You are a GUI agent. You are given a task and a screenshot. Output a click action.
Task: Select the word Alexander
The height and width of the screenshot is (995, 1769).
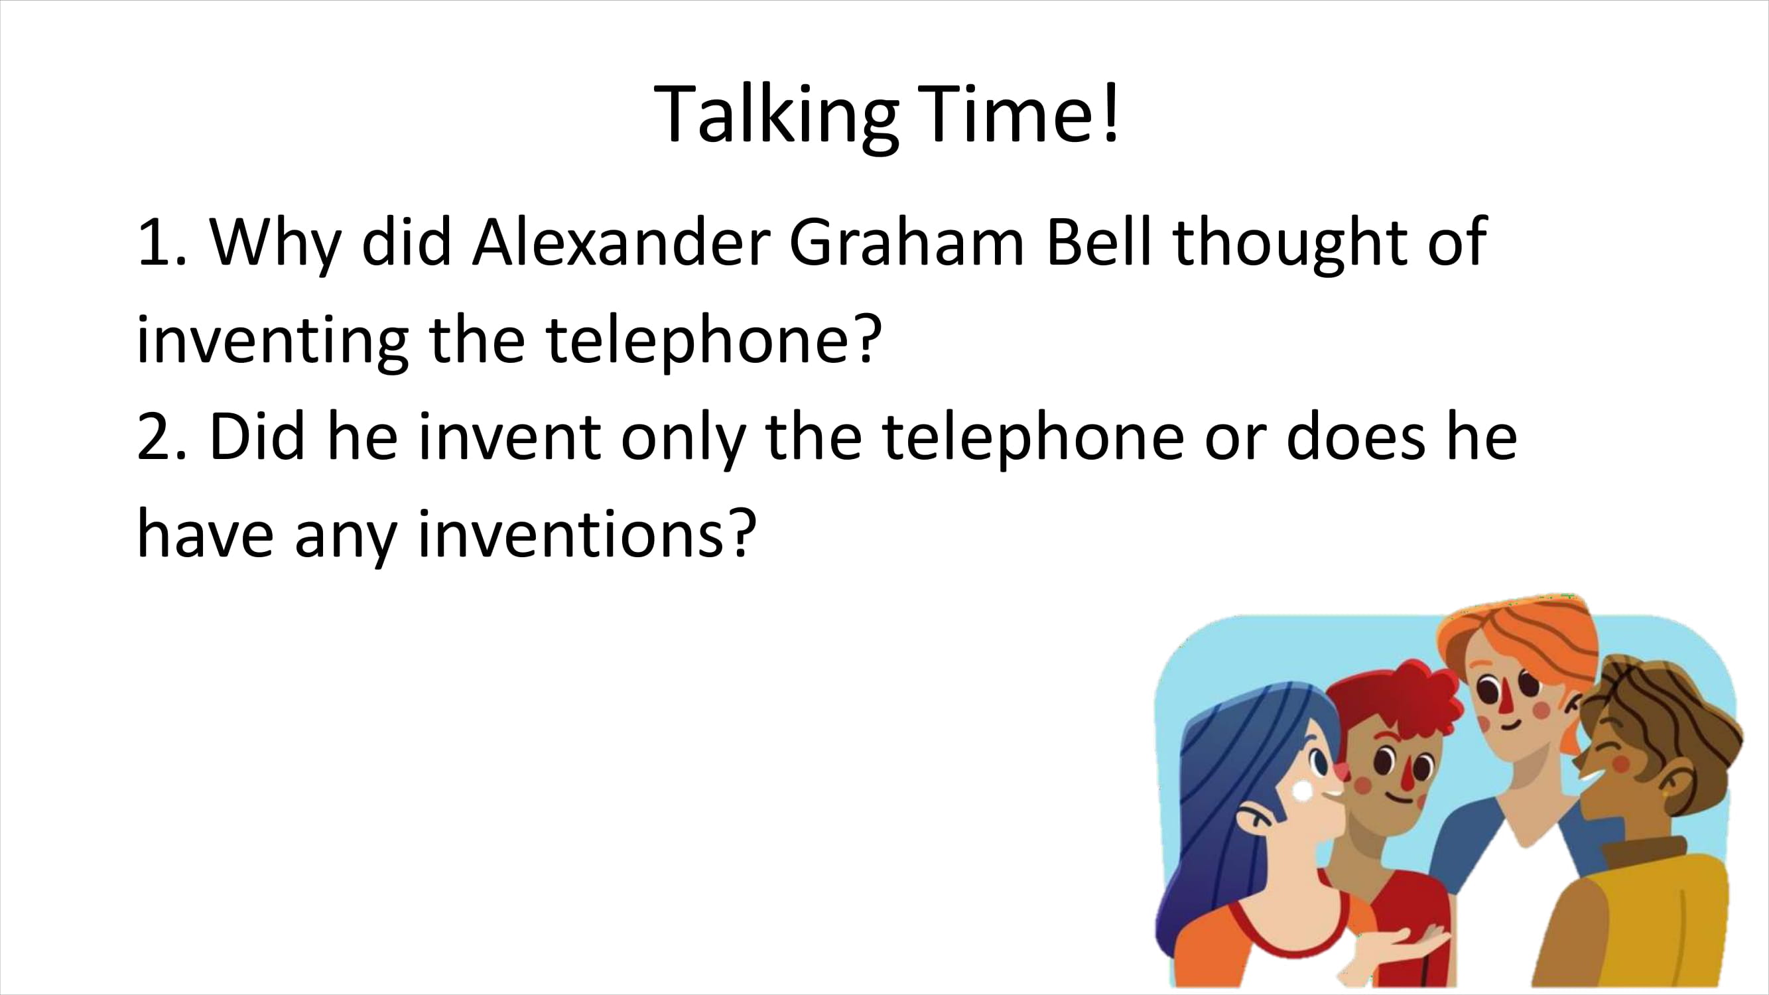[x=621, y=242]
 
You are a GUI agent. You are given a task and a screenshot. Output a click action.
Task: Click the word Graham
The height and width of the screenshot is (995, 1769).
[x=907, y=242]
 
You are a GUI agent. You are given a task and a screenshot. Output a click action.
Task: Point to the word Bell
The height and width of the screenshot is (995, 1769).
[x=1097, y=242]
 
